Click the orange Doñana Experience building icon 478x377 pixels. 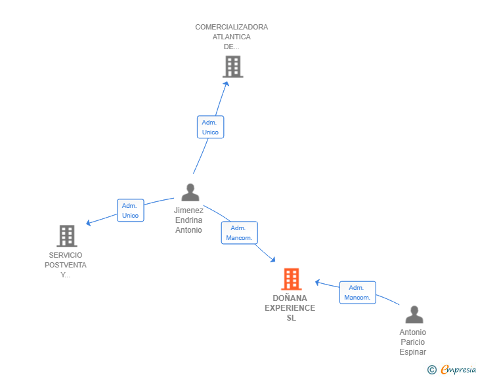[x=291, y=279]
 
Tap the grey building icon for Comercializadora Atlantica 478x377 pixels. [x=233, y=66]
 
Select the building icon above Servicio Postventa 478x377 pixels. [x=67, y=235]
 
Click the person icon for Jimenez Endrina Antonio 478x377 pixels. [x=190, y=192]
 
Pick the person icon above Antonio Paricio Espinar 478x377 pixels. [x=414, y=314]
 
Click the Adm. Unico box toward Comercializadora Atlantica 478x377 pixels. [x=210, y=127]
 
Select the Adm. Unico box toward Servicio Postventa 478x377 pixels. [x=131, y=210]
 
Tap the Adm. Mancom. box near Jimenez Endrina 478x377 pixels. [x=239, y=233]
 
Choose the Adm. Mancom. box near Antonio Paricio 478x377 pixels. [x=358, y=292]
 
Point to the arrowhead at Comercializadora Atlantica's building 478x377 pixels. [x=227, y=84]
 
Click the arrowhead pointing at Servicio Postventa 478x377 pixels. [x=89, y=223]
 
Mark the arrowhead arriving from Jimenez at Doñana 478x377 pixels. [x=273, y=260]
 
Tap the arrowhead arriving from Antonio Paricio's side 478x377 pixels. [x=317, y=283]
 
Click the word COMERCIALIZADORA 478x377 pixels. [x=231, y=27]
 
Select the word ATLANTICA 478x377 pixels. [x=231, y=37]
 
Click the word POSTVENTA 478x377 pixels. [x=66, y=265]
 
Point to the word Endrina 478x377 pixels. [x=188, y=220]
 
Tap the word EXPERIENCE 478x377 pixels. [x=290, y=308]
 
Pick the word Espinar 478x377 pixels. [x=413, y=351]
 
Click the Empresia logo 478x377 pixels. [x=452, y=369]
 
